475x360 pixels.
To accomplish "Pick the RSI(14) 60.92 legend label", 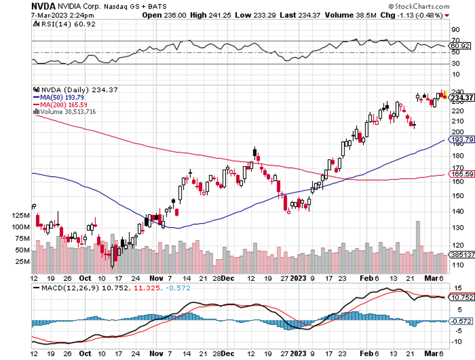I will pos(58,24).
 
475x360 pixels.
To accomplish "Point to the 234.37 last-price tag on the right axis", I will pos(461,98).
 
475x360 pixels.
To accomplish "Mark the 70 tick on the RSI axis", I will pos(456,40).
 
